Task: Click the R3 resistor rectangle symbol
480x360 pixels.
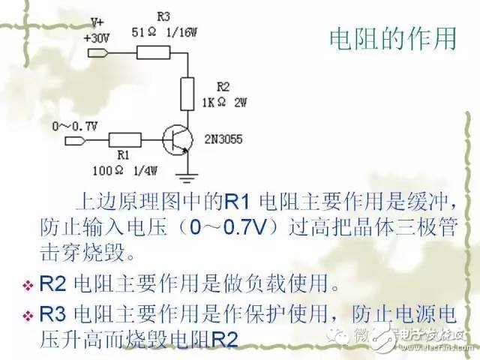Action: (x=153, y=52)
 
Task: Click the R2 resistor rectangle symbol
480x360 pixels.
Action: (x=187, y=94)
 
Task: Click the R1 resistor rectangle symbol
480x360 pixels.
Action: (x=125, y=140)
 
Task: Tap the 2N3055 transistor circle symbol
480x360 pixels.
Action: (x=178, y=140)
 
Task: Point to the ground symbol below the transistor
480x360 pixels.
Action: (x=187, y=178)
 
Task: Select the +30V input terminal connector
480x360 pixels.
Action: (x=98, y=53)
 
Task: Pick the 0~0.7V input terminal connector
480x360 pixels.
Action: (x=76, y=141)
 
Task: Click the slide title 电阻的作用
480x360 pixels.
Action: (x=393, y=39)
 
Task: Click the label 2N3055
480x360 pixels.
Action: (x=223, y=139)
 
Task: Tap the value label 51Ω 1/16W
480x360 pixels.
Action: (x=164, y=32)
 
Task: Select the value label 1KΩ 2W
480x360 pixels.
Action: (x=224, y=102)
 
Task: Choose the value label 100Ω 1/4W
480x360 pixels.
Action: (x=125, y=170)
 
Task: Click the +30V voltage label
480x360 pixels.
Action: (x=97, y=38)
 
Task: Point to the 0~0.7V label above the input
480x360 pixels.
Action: (x=75, y=126)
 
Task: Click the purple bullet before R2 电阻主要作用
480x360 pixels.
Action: (x=28, y=286)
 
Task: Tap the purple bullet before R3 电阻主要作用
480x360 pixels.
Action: (x=28, y=316)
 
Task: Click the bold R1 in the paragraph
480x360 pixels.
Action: (x=237, y=202)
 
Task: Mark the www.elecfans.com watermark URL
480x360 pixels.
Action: (x=436, y=347)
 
